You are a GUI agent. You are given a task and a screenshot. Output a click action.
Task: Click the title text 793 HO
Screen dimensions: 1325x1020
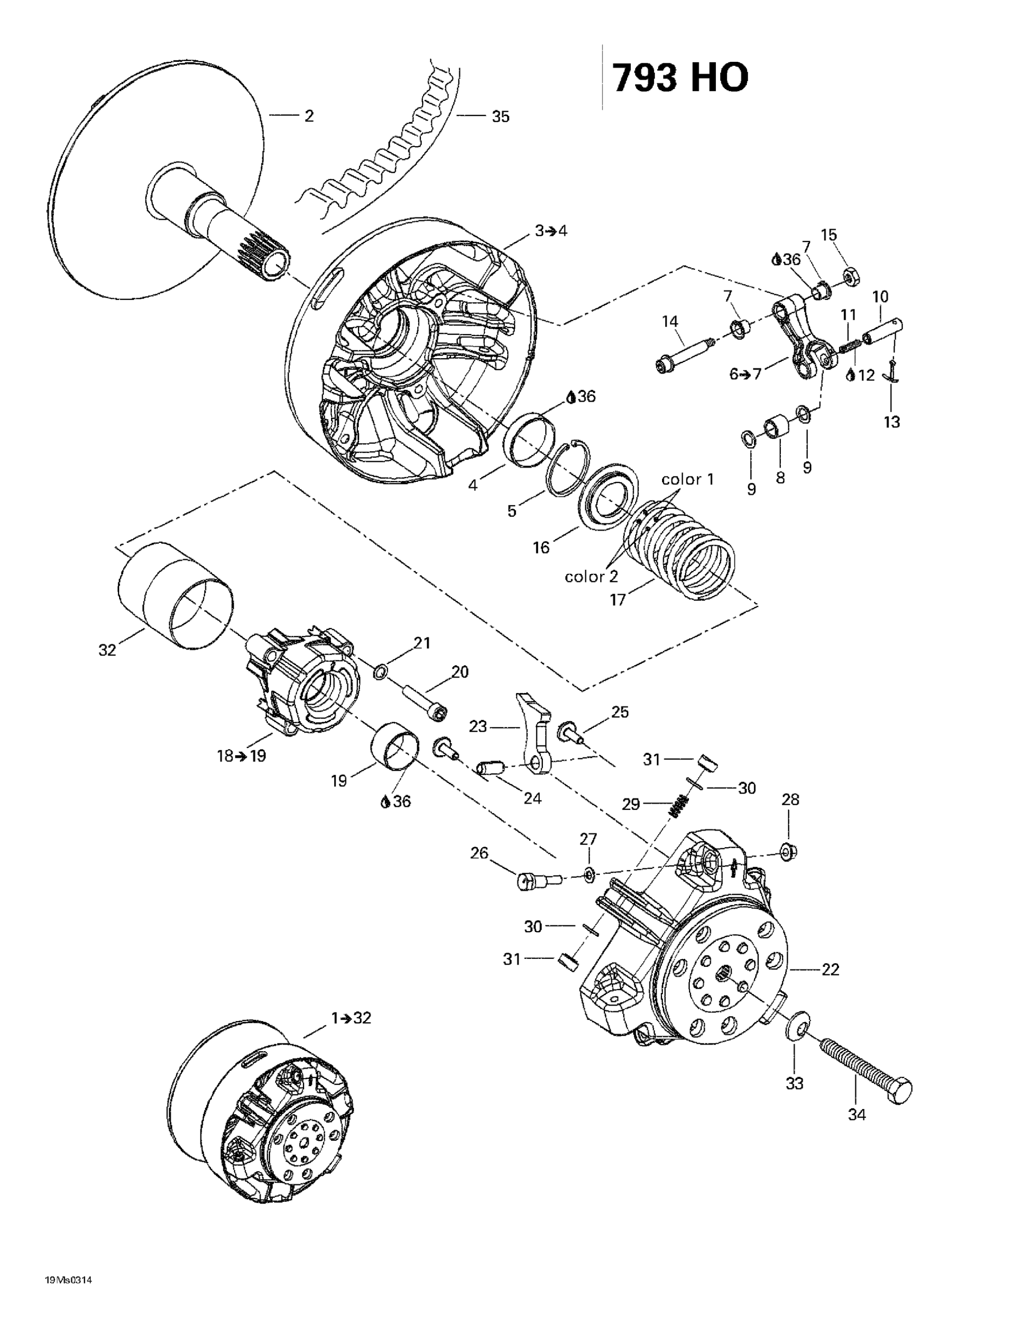point(680,78)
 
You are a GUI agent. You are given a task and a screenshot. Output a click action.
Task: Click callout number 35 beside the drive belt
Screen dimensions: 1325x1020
point(501,117)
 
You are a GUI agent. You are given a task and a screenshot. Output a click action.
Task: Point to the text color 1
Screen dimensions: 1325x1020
point(688,479)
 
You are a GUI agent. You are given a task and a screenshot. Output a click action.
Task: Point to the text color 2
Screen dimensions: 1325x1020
point(591,576)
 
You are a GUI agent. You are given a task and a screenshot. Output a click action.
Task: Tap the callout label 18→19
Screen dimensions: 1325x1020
point(241,756)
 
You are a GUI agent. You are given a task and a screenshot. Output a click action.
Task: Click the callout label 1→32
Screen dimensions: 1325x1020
point(351,1018)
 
